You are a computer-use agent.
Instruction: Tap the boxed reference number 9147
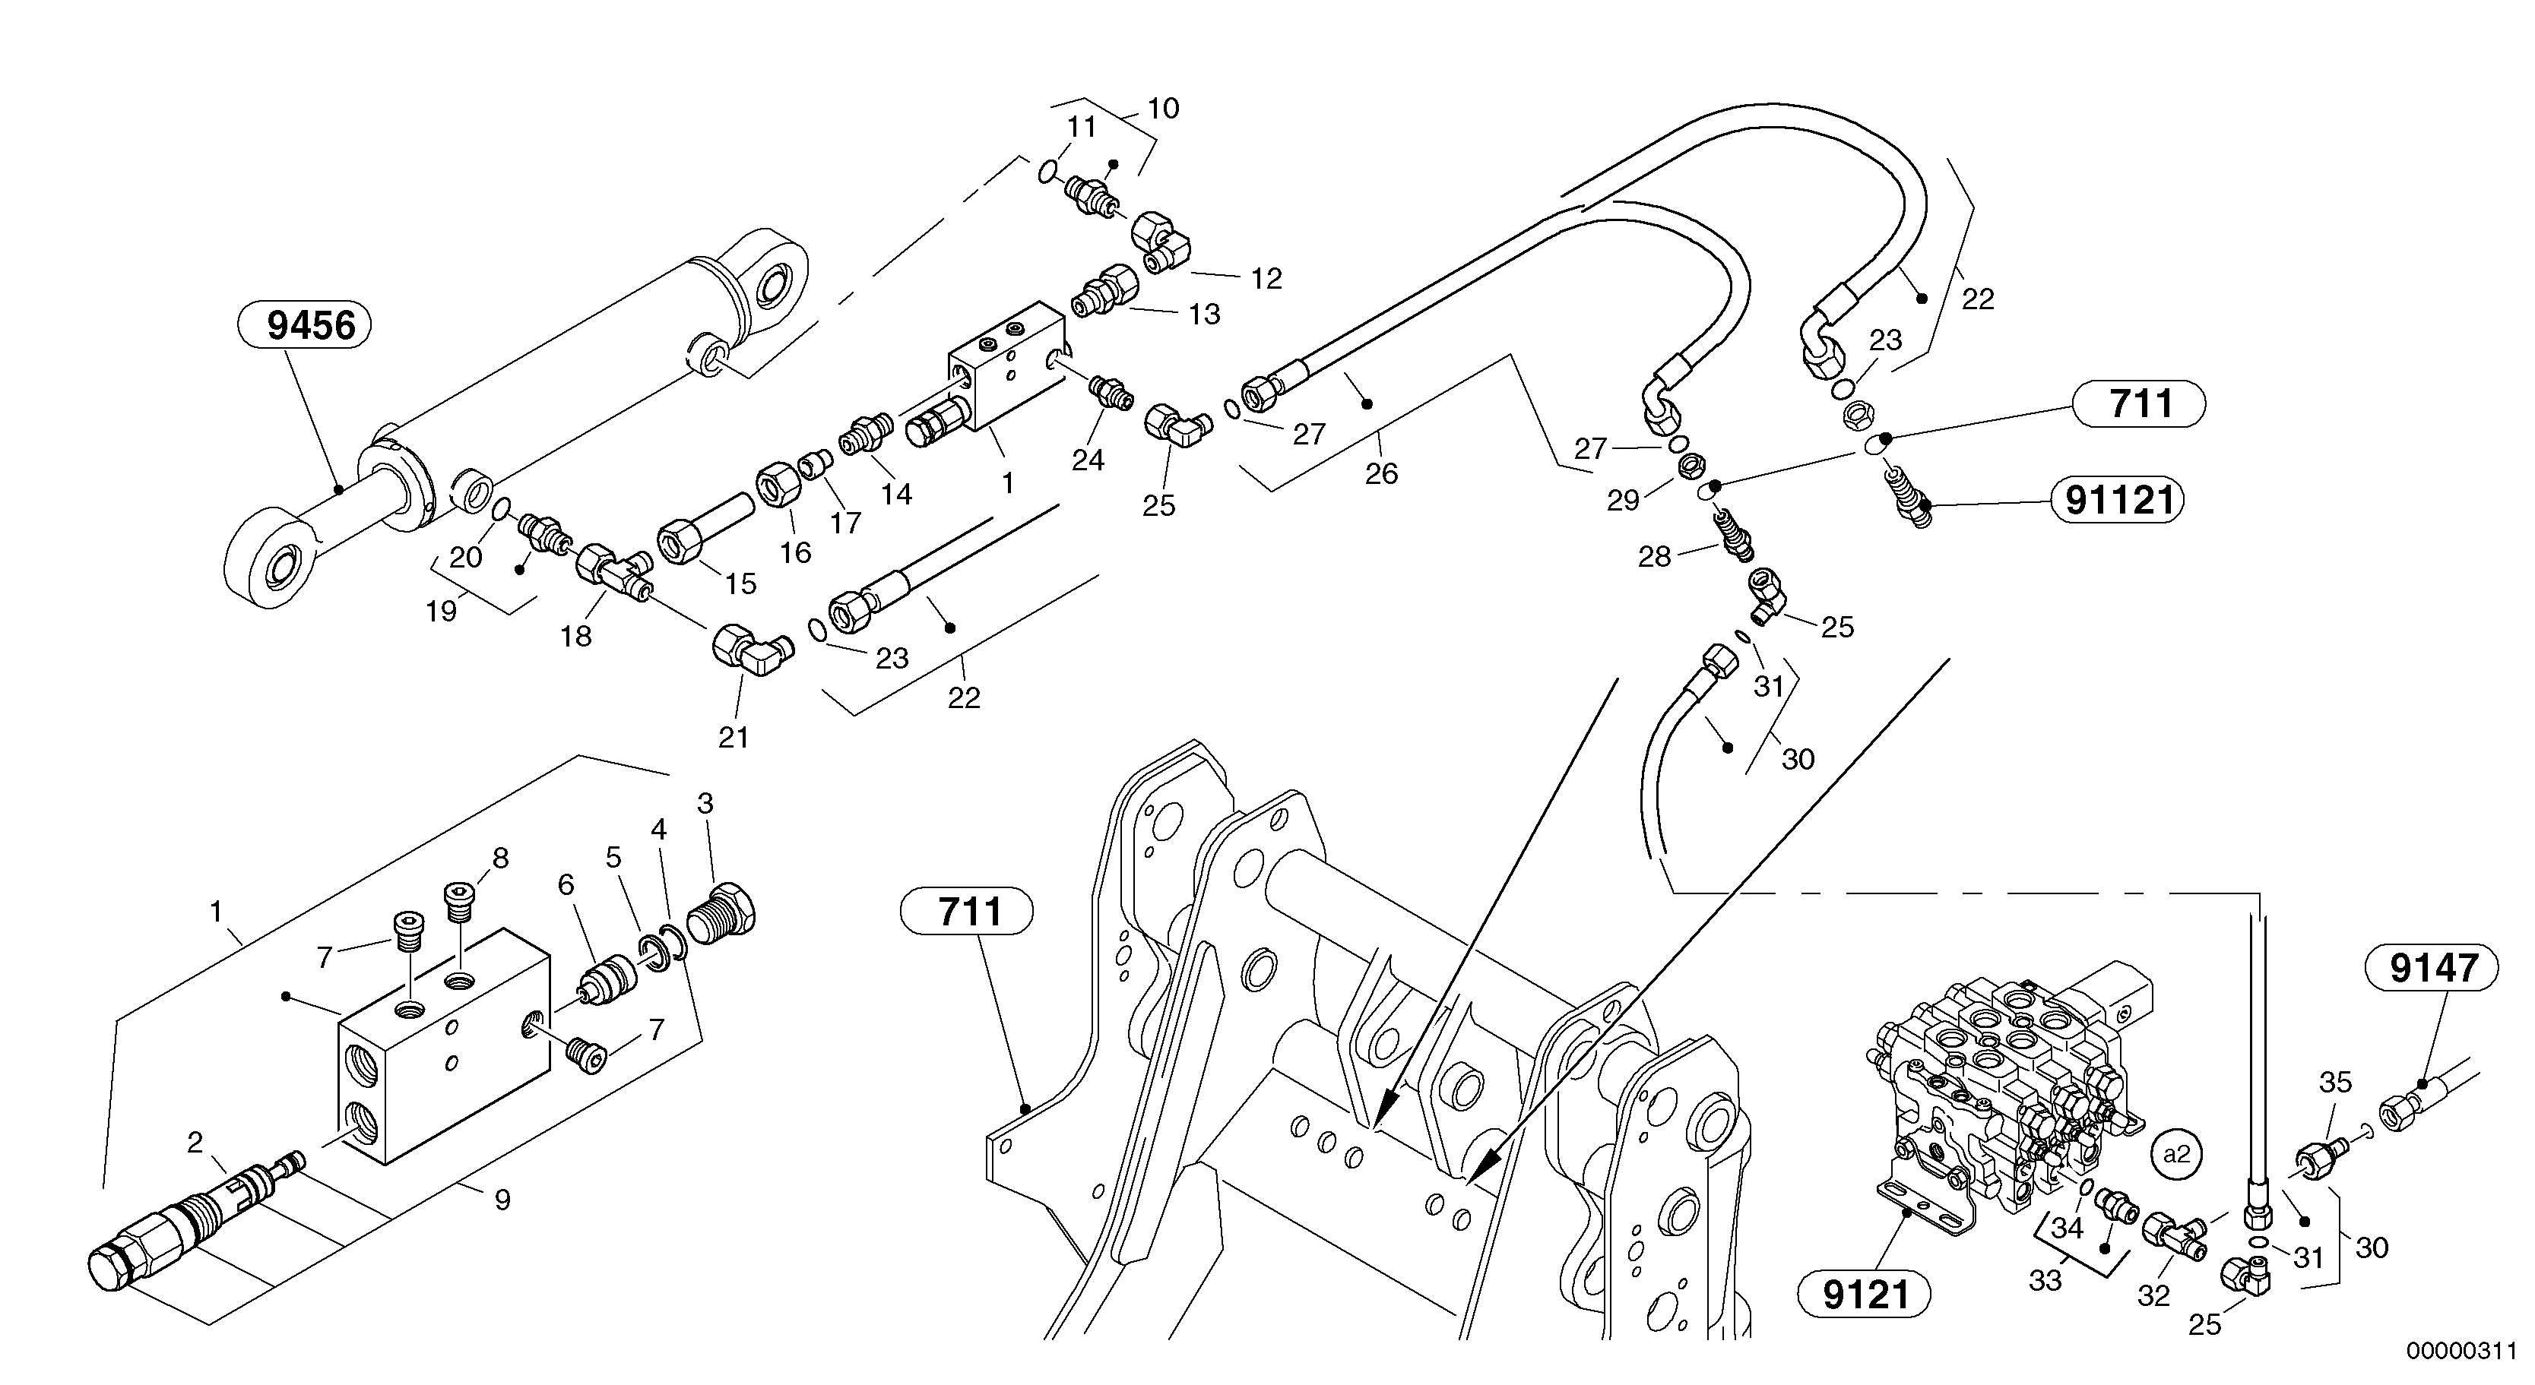(2432, 969)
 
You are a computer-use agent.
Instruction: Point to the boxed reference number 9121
(1864, 1295)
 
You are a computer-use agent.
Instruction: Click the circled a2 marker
(2175, 1154)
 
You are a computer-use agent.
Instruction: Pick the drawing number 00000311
(2461, 1352)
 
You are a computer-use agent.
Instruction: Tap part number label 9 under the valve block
(502, 1200)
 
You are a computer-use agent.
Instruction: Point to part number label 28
(1654, 557)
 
